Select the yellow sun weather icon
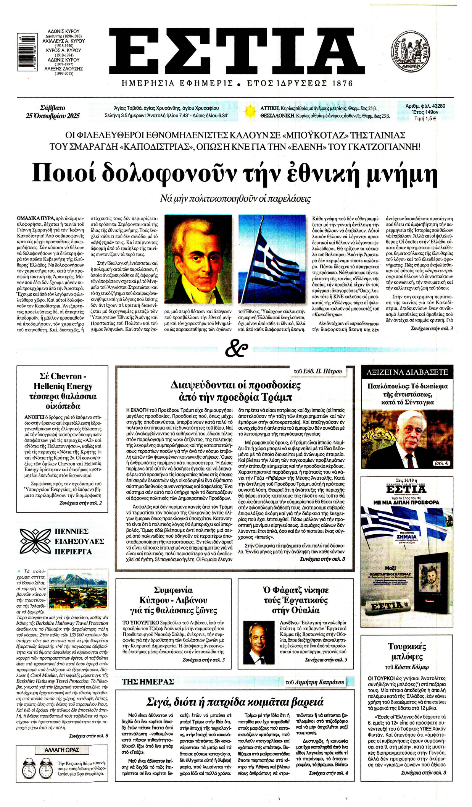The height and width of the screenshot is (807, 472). click(250, 111)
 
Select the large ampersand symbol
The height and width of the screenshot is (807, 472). click(236, 348)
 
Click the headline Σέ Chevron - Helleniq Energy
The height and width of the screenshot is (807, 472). click(63, 391)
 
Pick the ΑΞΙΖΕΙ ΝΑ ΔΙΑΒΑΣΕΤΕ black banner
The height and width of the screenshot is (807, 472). click(407, 372)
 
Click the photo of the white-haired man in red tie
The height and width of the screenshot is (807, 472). click(407, 439)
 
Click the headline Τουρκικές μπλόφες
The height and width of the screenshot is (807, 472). click(407, 652)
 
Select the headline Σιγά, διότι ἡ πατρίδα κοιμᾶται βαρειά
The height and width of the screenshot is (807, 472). click(235, 702)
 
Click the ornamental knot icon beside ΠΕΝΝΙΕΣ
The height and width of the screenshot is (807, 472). click(35, 541)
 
